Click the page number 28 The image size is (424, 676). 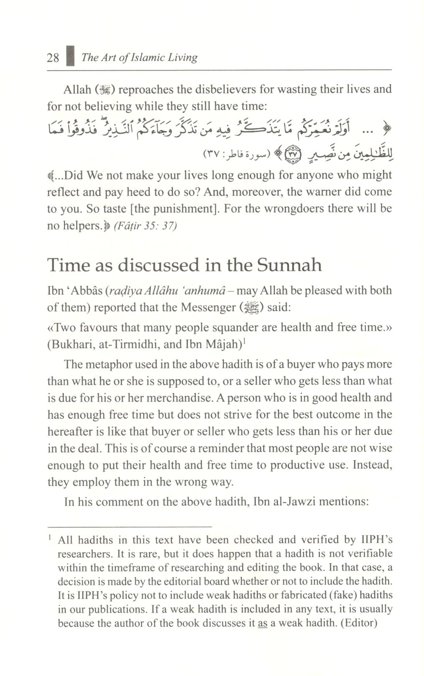point(53,57)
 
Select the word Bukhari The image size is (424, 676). point(70,344)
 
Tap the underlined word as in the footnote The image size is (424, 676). point(262,623)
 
